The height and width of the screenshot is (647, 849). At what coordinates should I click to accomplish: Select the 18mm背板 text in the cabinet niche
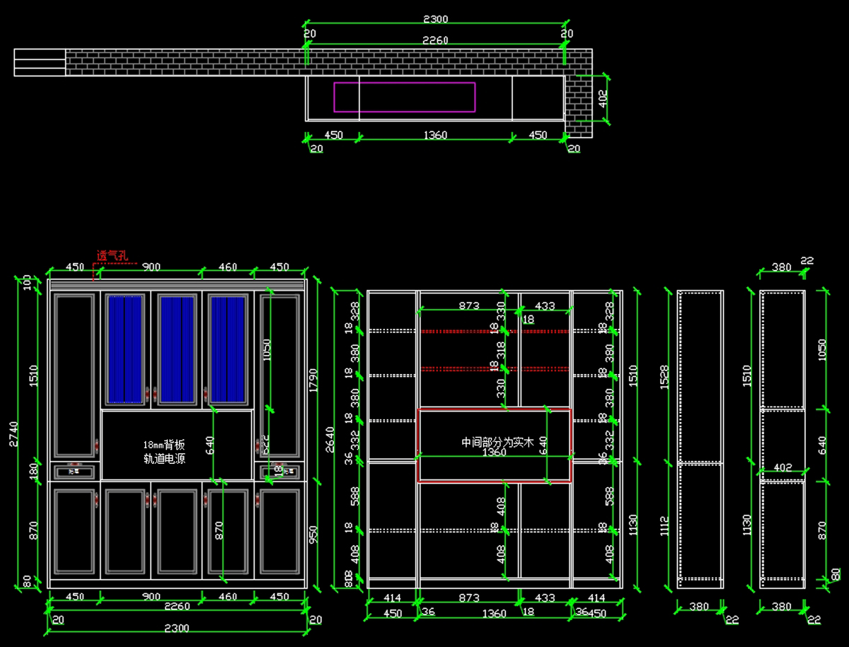[x=164, y=445]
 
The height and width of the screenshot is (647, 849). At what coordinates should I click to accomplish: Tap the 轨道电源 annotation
[x=164, y=459]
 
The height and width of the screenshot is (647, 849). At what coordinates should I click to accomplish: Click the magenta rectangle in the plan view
[x=404, y=97]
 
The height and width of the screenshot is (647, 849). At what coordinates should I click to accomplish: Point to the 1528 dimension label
[x=664, y=380]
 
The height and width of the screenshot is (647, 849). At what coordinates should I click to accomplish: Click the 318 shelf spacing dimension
[x=501, y=349]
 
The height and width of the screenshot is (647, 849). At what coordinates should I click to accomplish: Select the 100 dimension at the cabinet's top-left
[x=28, y=284]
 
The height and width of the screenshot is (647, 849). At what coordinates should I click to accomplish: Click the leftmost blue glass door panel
[x=125, y=349]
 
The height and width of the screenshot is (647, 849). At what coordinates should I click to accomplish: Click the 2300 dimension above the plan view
[x=435, y=19]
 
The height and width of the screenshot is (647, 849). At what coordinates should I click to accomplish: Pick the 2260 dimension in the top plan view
[x=435, y=40]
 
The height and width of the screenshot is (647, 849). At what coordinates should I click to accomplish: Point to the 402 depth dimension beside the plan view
[x=602, y=97]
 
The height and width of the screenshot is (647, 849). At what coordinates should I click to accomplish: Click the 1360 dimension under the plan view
[x=435, y=135]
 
